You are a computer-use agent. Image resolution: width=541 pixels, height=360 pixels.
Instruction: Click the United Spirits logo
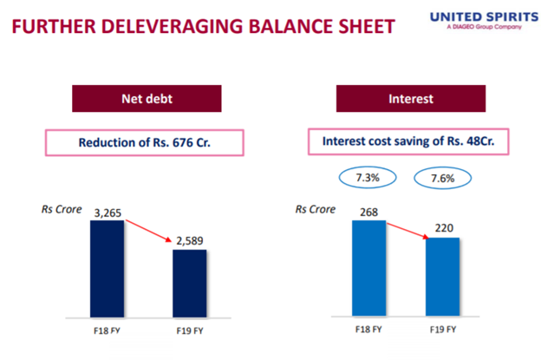(484, 21)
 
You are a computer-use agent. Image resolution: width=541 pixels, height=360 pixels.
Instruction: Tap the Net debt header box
(147, 98)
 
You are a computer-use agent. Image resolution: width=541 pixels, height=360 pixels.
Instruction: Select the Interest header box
(411, 98)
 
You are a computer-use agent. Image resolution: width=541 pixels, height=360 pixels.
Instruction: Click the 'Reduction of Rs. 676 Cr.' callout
(145, 142)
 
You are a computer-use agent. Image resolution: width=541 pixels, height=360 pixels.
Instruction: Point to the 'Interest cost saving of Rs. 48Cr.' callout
(408, 141)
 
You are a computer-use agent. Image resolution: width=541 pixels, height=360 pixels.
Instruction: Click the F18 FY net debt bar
(107, 269)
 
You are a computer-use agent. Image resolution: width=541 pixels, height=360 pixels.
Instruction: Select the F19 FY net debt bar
(190, 284)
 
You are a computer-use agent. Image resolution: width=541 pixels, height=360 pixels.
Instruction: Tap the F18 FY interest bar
(368, 268)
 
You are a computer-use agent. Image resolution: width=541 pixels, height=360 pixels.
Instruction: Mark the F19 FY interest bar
(443, 277)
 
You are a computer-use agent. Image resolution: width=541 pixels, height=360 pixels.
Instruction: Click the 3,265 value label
(108, 213)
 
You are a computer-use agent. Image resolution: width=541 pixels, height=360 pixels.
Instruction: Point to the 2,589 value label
(190, 240)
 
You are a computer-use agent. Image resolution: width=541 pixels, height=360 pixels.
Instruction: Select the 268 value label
(368, 212)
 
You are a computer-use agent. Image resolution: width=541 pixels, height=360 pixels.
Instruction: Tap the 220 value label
(444, 228)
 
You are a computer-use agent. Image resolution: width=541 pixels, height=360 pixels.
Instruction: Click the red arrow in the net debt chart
(149, 231)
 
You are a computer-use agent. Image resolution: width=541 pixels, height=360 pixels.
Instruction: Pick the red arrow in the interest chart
(407, 231)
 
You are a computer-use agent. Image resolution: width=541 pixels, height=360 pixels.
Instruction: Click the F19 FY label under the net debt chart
(190, 331)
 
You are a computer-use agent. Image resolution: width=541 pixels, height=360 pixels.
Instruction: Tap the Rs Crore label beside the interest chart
(316, 209)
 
